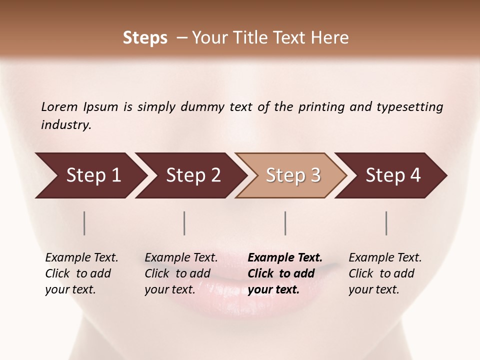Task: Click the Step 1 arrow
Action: pos(90,175)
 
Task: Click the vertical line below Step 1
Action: pos(84,223)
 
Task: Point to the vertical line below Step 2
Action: pos(184,223)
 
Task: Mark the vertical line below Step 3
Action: pos(285,223)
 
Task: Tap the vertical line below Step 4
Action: pos(386,223)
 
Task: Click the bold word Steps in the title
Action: pos(145,38)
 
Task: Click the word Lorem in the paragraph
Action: pos(59,107)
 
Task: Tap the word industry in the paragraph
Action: pos(65,125)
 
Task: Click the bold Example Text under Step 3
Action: pos(285,258)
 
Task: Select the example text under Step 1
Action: pos(81,273)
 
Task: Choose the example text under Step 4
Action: pos(385,273)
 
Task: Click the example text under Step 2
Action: pos(181,273)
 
